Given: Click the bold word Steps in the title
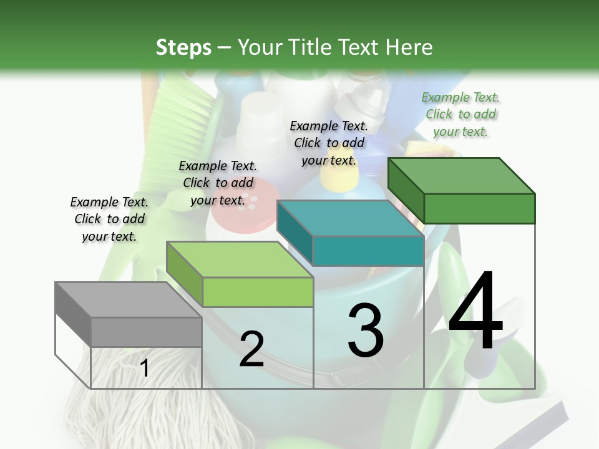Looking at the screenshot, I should pos(183,47).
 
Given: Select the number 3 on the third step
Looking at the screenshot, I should pos(366,331).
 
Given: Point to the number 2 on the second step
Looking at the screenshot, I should pos(251,349).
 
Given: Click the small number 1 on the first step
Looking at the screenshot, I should pos(145,368).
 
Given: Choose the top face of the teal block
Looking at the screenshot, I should pos(350,218).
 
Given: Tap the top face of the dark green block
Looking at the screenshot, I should pos(462,176).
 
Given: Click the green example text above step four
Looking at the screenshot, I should pos(460,114).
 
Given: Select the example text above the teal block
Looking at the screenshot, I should pos(329,143).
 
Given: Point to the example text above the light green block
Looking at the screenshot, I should pos(217,183).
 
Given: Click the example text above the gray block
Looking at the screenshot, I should pos(109,219).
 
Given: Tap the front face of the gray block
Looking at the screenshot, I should pos(146,332).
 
